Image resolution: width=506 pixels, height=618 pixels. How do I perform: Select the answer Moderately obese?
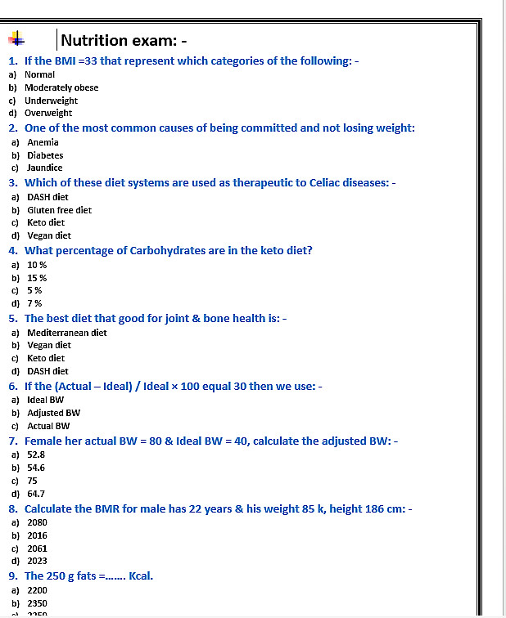pos(61,87)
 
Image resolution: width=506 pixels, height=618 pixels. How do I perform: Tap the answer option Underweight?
pos(51,101)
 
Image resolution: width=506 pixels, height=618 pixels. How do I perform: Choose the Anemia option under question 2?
pos(43,142)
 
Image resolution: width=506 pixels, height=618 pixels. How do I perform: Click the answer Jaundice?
pos(45,168)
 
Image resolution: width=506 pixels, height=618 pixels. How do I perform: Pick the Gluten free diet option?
pos(59,210)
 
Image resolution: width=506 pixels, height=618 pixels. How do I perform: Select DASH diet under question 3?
pos(47,197)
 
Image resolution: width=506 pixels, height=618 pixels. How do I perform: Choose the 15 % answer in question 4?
pos(37,278)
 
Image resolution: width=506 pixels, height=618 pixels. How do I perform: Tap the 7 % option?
pos(34,303)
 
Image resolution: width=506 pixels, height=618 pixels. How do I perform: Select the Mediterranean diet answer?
pos(67,333)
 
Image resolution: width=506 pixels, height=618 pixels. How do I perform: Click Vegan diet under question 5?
pos(49,345)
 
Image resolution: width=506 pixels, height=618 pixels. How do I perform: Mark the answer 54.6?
pos(36,468)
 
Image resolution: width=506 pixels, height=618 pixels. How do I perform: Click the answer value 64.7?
pos(36,494)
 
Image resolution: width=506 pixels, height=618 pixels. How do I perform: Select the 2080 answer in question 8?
pos(37,522)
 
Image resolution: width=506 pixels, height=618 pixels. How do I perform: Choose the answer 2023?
pos(37,561)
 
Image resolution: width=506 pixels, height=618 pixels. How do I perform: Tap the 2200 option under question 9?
pos(37,589)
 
